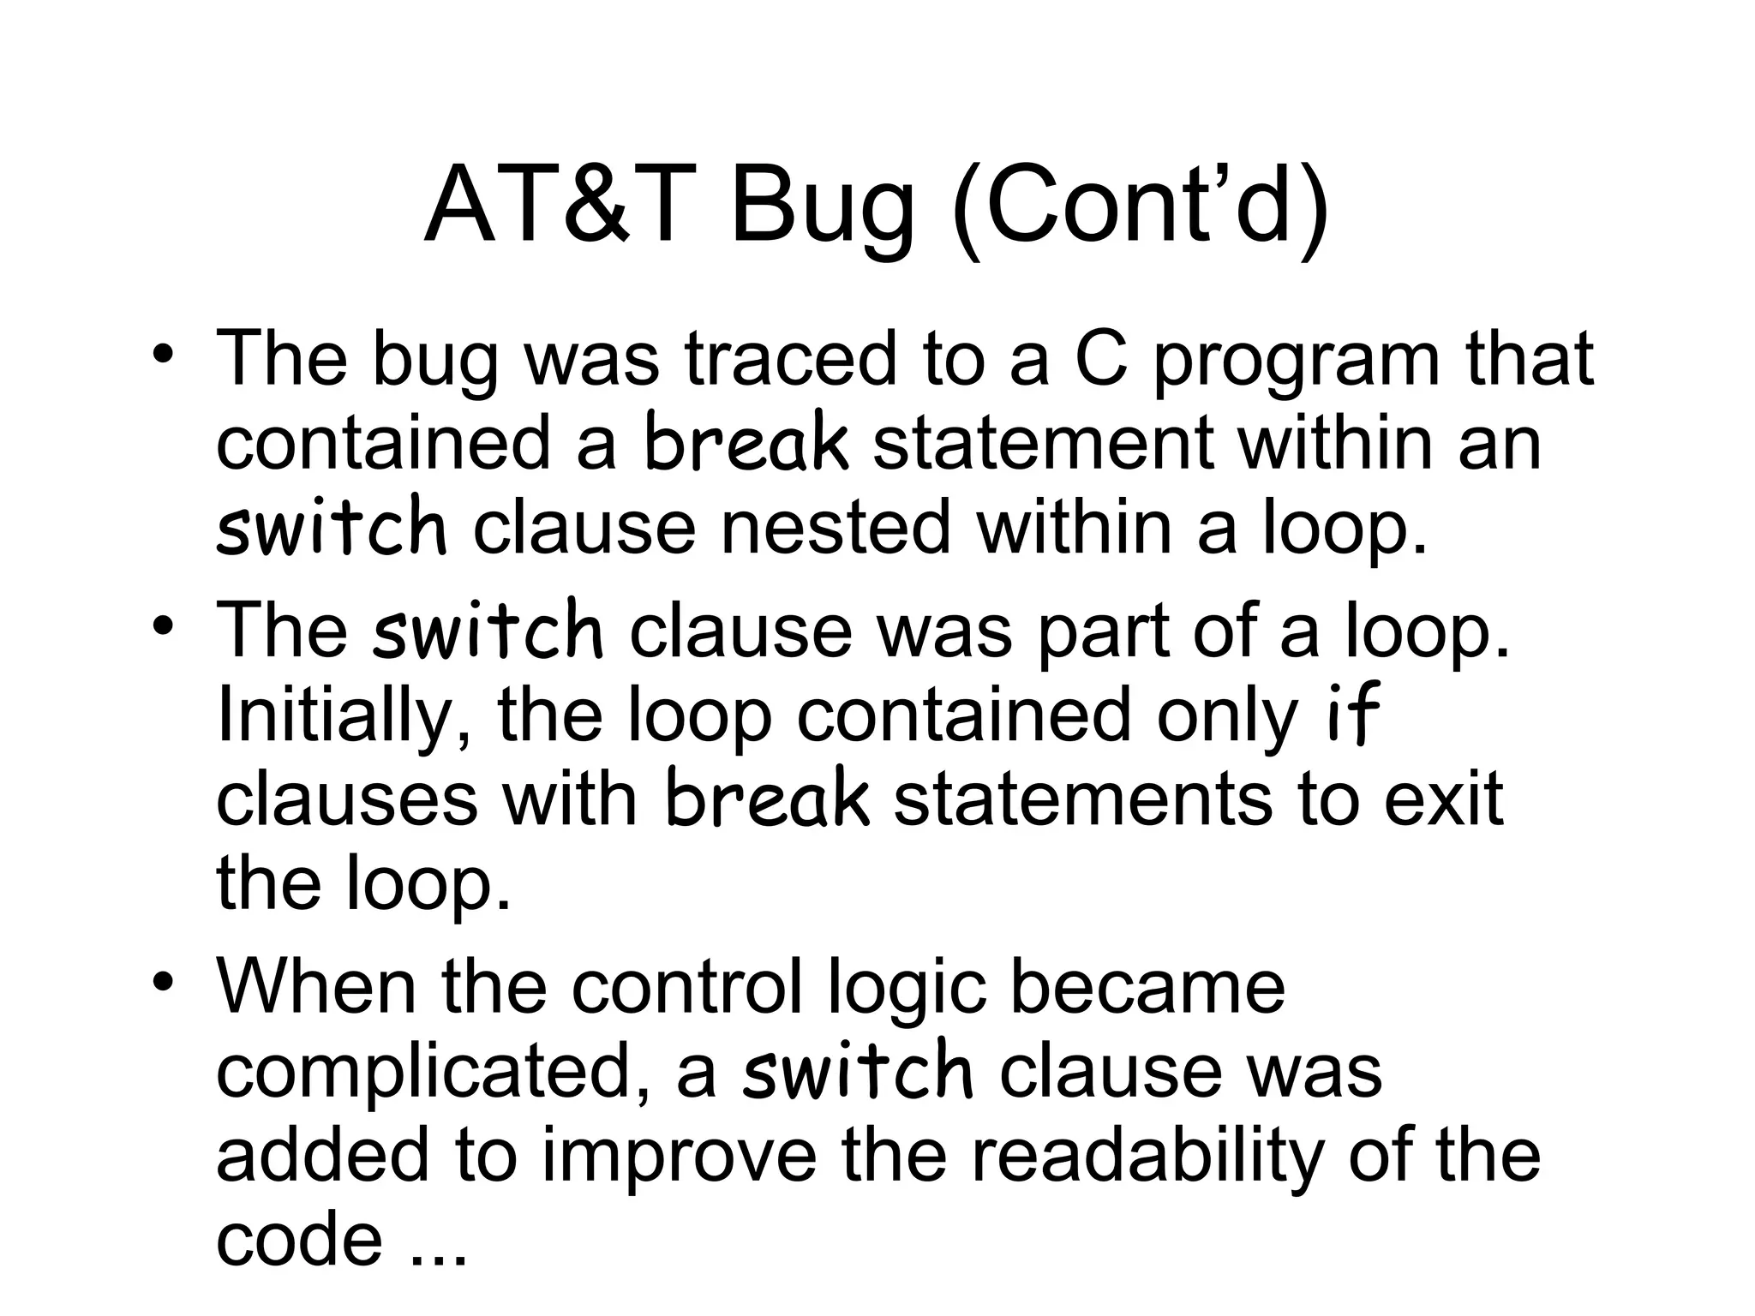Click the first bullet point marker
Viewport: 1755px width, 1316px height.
(x=162, y=354)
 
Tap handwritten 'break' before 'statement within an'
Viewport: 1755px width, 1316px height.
(x=746, y=442)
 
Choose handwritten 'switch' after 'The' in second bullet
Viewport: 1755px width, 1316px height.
(x=488, y=630)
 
